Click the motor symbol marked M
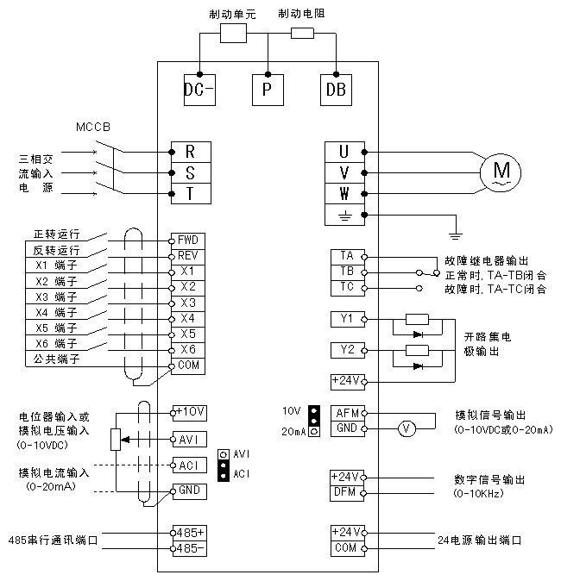click(501, 172)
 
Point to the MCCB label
click(94, 128)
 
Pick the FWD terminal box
click(187, 240)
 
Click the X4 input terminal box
click(187, 318)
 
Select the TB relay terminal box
click(346, 272)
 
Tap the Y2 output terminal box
click(346, 350)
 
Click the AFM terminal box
click(346, 413)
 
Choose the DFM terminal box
click(346, 492)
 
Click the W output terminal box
click(346, 193)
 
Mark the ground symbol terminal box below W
click(346, 215)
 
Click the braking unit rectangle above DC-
click(234, 34)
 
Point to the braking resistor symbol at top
click(302, 34)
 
